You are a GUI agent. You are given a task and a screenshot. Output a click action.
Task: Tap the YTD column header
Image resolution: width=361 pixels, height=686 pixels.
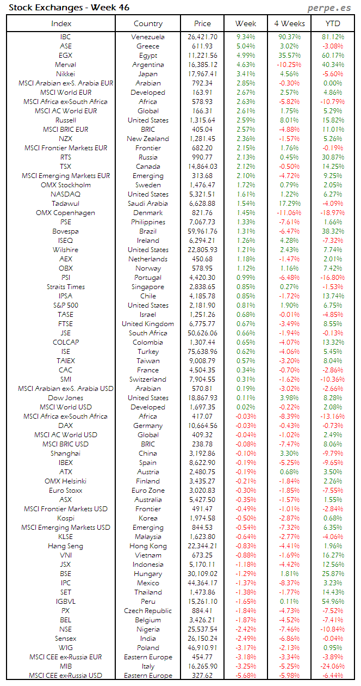coord(333,23)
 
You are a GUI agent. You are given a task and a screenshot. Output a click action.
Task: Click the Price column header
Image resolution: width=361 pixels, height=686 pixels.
coord(202,23)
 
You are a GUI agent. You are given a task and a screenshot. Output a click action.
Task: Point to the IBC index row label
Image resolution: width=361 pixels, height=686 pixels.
coord(65,37)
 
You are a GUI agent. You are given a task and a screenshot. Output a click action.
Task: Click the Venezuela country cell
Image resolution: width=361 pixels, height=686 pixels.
coord(148,37)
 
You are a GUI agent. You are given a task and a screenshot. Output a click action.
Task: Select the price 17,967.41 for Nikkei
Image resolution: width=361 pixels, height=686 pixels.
coord(202,74)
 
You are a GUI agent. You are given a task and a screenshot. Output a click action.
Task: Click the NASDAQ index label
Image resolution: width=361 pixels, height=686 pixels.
coord(65,194)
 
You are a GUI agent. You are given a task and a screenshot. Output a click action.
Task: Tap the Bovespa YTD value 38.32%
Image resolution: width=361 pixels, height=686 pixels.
coord(333,231)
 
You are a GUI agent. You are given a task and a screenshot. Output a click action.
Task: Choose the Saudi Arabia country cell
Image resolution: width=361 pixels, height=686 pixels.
coord(148,204)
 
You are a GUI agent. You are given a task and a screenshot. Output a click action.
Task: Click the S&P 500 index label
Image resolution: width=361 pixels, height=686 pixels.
coord(65,305)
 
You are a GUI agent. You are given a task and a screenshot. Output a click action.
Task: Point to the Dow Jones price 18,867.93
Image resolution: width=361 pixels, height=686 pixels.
coord(202,398)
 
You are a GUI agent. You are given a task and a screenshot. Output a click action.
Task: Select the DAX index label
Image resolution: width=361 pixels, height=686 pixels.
coord(65,426)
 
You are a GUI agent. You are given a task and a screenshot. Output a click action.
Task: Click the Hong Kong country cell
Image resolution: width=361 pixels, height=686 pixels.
coord(148,546)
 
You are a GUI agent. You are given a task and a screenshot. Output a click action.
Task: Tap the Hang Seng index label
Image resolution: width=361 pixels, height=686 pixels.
coord(65,546)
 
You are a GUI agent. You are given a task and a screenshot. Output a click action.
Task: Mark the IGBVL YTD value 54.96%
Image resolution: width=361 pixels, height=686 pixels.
coord(333,602)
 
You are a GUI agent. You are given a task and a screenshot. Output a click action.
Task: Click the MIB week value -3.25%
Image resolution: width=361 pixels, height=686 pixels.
coord(246,666)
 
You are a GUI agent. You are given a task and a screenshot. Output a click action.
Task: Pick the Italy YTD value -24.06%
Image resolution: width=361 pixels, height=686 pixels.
coord(333,666)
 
